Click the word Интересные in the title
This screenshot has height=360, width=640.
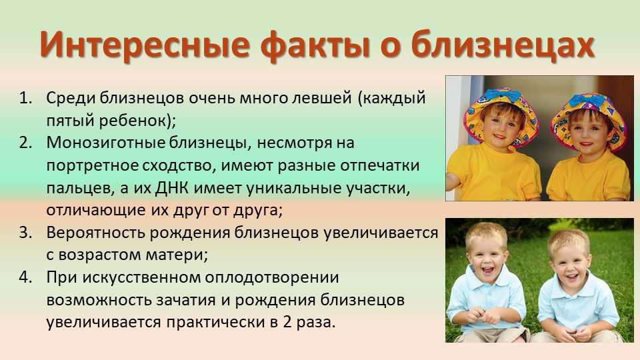click(x=145, y=44)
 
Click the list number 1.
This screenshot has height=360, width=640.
click(x=26, y=98)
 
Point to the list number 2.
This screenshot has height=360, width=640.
click(x=26, y=143)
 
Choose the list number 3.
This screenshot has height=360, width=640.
click(x=26, y=232)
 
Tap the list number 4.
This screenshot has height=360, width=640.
click(x=26, y=277)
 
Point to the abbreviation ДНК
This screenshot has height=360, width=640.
click(x=172, y=188)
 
